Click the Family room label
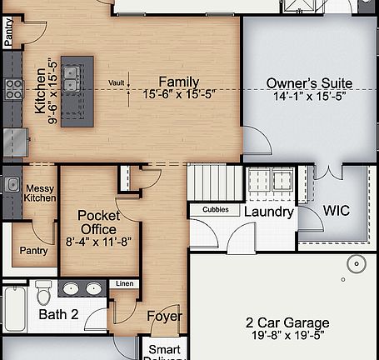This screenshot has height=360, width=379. (179, 82)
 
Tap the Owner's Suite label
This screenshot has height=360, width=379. (309, 83)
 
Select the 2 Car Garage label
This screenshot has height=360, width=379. (287, 322)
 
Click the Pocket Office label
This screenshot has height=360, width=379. (99, 222)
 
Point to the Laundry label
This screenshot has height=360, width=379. (268, 212)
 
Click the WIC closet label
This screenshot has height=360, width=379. (337, 211)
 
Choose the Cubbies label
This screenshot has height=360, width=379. (216, 210)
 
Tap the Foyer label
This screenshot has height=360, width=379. (165, 317)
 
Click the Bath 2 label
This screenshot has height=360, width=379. (58, 315)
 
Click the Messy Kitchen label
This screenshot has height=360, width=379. (39, 193)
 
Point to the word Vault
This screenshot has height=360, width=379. (117, 82)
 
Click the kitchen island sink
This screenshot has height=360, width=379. (72, 78)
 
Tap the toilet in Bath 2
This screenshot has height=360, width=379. (44, 292)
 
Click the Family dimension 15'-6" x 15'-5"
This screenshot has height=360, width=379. (179, 96)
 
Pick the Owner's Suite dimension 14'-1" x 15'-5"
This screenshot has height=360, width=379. (309, 97)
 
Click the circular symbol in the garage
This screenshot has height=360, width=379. (356, 265)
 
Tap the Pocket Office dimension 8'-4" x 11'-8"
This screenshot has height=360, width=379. (99, 242)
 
